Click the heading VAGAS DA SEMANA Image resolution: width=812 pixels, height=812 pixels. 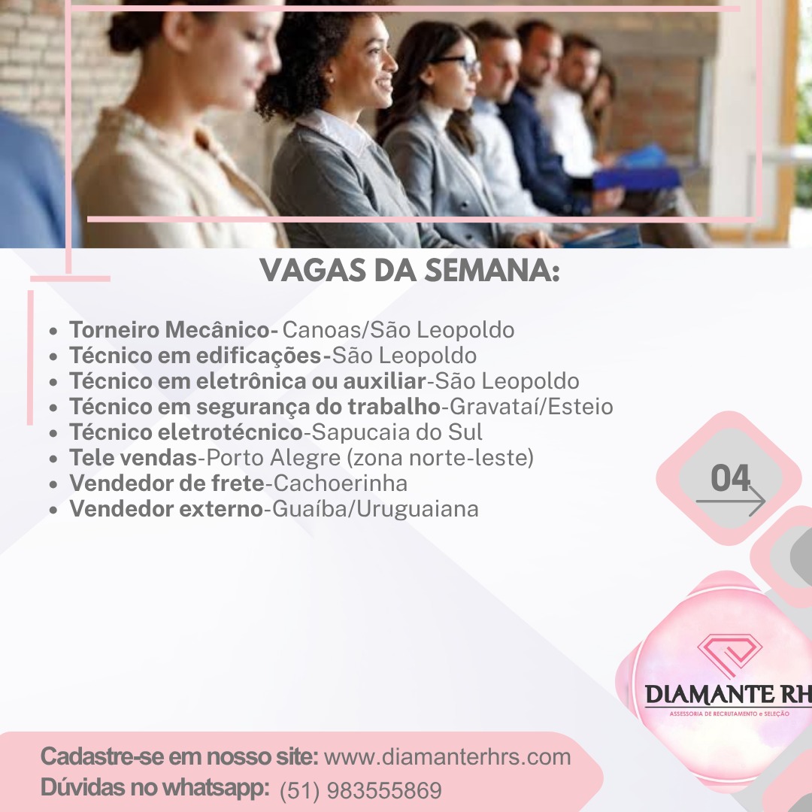(410, 271)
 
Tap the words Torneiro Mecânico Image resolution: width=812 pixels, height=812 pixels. (170, 330)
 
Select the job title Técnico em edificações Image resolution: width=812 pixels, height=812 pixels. (195, 356)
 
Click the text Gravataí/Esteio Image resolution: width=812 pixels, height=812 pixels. (532, 407)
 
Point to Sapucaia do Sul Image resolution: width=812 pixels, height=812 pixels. (397, 432)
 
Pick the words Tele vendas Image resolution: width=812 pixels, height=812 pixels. (133, 457)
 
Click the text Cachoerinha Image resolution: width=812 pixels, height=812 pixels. (341, 483)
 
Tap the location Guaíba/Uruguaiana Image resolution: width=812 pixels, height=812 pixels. (375, 509)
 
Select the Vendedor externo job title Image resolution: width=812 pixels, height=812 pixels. (166, 508)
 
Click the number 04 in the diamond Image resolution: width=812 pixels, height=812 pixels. (730, 477)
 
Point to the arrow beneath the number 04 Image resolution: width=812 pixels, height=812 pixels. (730, 501)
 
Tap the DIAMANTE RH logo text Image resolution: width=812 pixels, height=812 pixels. (729, 695)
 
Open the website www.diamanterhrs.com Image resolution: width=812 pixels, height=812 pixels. (447, 757)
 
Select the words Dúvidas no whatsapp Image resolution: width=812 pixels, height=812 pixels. (155, 788)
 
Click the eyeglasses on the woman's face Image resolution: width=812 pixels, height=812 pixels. (458, 62)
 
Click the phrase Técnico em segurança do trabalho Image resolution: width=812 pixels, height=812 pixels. (255, 407)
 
